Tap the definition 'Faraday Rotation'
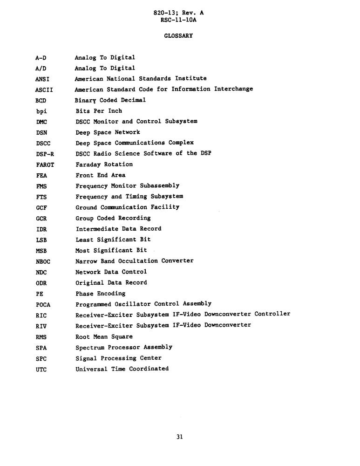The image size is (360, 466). pos(104,164)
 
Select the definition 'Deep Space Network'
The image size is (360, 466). pos(108,132)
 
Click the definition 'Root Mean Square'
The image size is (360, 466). pos(104,336)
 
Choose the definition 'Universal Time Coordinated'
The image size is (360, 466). pos(122,369)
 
